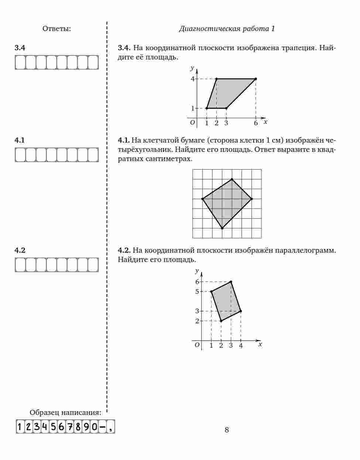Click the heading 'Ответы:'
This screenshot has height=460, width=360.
(56, 28)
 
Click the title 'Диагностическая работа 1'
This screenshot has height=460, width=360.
(227, 28)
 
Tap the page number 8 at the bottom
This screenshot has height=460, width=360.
(227, 429)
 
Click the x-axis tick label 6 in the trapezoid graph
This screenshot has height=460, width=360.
(256, 123)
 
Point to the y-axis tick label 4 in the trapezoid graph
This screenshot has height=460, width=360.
(192, 79)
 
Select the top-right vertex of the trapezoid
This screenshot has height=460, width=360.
(256, 79)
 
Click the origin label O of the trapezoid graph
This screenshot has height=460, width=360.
(192, 122)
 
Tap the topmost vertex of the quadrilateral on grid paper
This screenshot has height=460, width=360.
(232, 180)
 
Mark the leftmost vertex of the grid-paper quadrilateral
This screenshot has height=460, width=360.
(202, 199)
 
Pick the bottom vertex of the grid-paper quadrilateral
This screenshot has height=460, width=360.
(222, 228)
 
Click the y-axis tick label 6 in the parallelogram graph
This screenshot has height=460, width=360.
(197, 282)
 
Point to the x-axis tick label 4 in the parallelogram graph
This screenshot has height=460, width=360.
(241, 346)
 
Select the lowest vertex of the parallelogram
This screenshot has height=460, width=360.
(221, 321)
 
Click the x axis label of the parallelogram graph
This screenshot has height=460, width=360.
(260, 344)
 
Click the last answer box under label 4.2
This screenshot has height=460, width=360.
(93, 265)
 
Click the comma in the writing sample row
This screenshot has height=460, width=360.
(111, 427)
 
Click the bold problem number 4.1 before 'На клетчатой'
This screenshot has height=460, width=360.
(123, 140)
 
